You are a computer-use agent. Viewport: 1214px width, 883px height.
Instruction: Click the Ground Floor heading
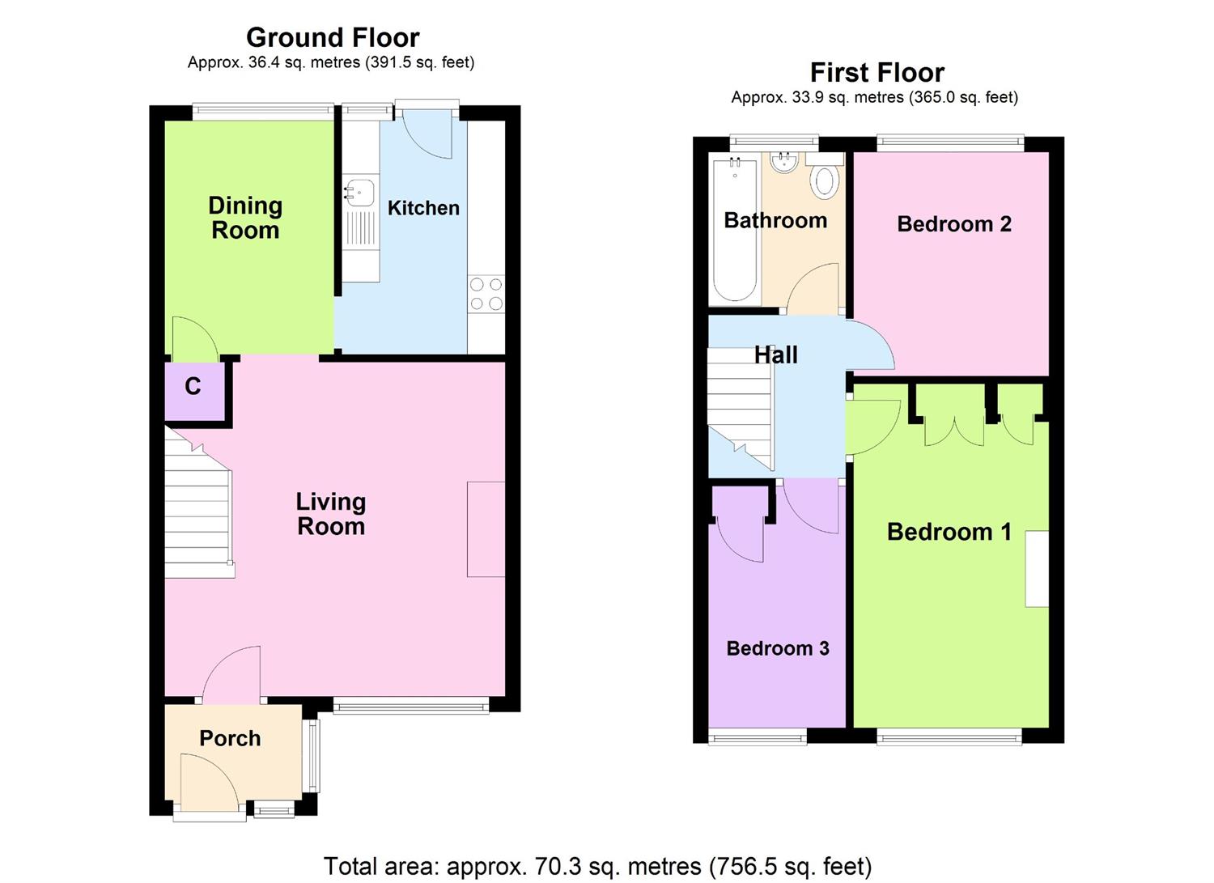click(x=333, y=38)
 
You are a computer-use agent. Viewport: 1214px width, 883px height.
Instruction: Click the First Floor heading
click(x=877, y=73)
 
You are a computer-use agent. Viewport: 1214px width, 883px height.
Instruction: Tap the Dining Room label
click(x=245, y=218)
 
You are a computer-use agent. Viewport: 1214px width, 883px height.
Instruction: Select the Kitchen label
click(x=423, y=208)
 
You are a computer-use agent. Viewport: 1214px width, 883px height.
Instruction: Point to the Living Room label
click(x=330, y=514)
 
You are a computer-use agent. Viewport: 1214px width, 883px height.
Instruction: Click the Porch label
click(x=230, y=738)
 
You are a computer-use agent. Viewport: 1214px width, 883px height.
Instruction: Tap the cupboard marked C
click(x=193, y=388)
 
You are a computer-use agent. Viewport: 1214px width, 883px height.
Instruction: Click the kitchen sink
click(x=359, y=193)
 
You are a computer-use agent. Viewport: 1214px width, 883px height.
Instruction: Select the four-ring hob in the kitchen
click(x=486, y=294)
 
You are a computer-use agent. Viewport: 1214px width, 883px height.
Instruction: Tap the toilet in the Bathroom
click(x=824, y=178)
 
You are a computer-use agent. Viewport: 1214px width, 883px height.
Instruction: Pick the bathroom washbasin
click(x=783, y=163)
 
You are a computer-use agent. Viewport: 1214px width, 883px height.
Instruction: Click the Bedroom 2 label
click(x=953, y=224)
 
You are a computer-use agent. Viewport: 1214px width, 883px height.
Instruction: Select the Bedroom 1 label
click(x=949, y=532)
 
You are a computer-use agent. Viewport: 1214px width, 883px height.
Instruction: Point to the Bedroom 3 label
click(x=777, y=648)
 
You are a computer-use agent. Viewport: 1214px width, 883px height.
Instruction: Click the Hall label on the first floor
click(x=775, y=354)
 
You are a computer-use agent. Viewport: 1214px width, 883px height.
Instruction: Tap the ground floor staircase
click(x=198, y=510)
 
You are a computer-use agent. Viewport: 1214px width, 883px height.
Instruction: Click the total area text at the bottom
click(x=597, y=866)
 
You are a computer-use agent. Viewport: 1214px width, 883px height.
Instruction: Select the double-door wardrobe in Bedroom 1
click(x=955, y=417)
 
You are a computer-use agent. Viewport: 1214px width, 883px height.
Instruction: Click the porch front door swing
click(x=209, y=781)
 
